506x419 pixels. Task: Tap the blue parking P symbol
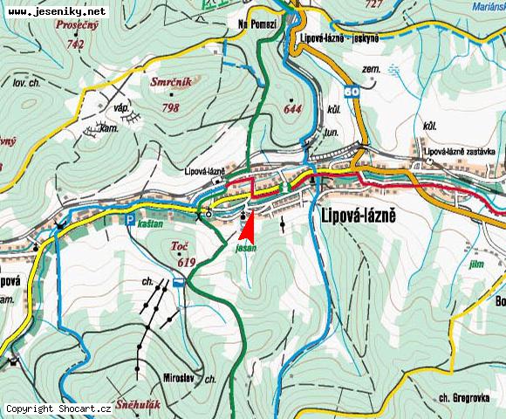coord(130,220)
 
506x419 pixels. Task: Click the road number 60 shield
coord(351,90)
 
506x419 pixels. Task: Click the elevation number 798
coord(170,108)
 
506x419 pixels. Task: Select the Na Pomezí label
coord(257,25)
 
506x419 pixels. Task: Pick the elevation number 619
coord(185,262)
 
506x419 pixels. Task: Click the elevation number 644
coord(291,108)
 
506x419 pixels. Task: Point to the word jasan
coord(244,248)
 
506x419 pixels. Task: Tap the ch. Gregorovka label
coord(462,397)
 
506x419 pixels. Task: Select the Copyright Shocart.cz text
coord(58,408)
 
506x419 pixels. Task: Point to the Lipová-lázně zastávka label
coord(461,151)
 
